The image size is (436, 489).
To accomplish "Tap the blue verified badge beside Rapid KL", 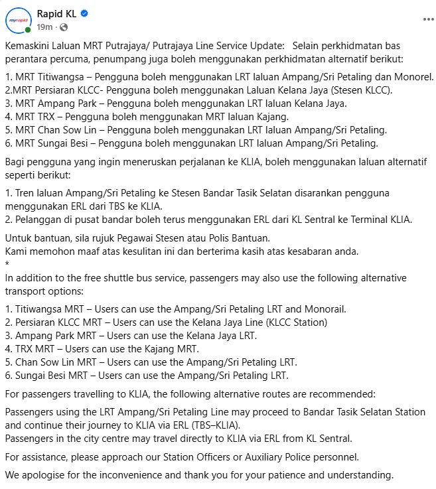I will tap(84, 13).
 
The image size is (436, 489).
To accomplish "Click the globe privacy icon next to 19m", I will tap(63, 27).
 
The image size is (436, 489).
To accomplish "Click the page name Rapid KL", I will tap(58, 13).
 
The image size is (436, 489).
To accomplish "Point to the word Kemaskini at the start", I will tap(27, 47).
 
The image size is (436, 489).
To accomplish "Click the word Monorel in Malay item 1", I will tap(412, 76).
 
